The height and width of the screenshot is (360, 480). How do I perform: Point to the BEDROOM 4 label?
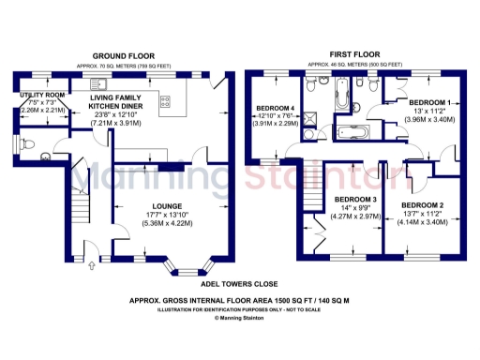point(276,109)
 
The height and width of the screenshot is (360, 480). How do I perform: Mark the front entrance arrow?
point(91,267)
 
